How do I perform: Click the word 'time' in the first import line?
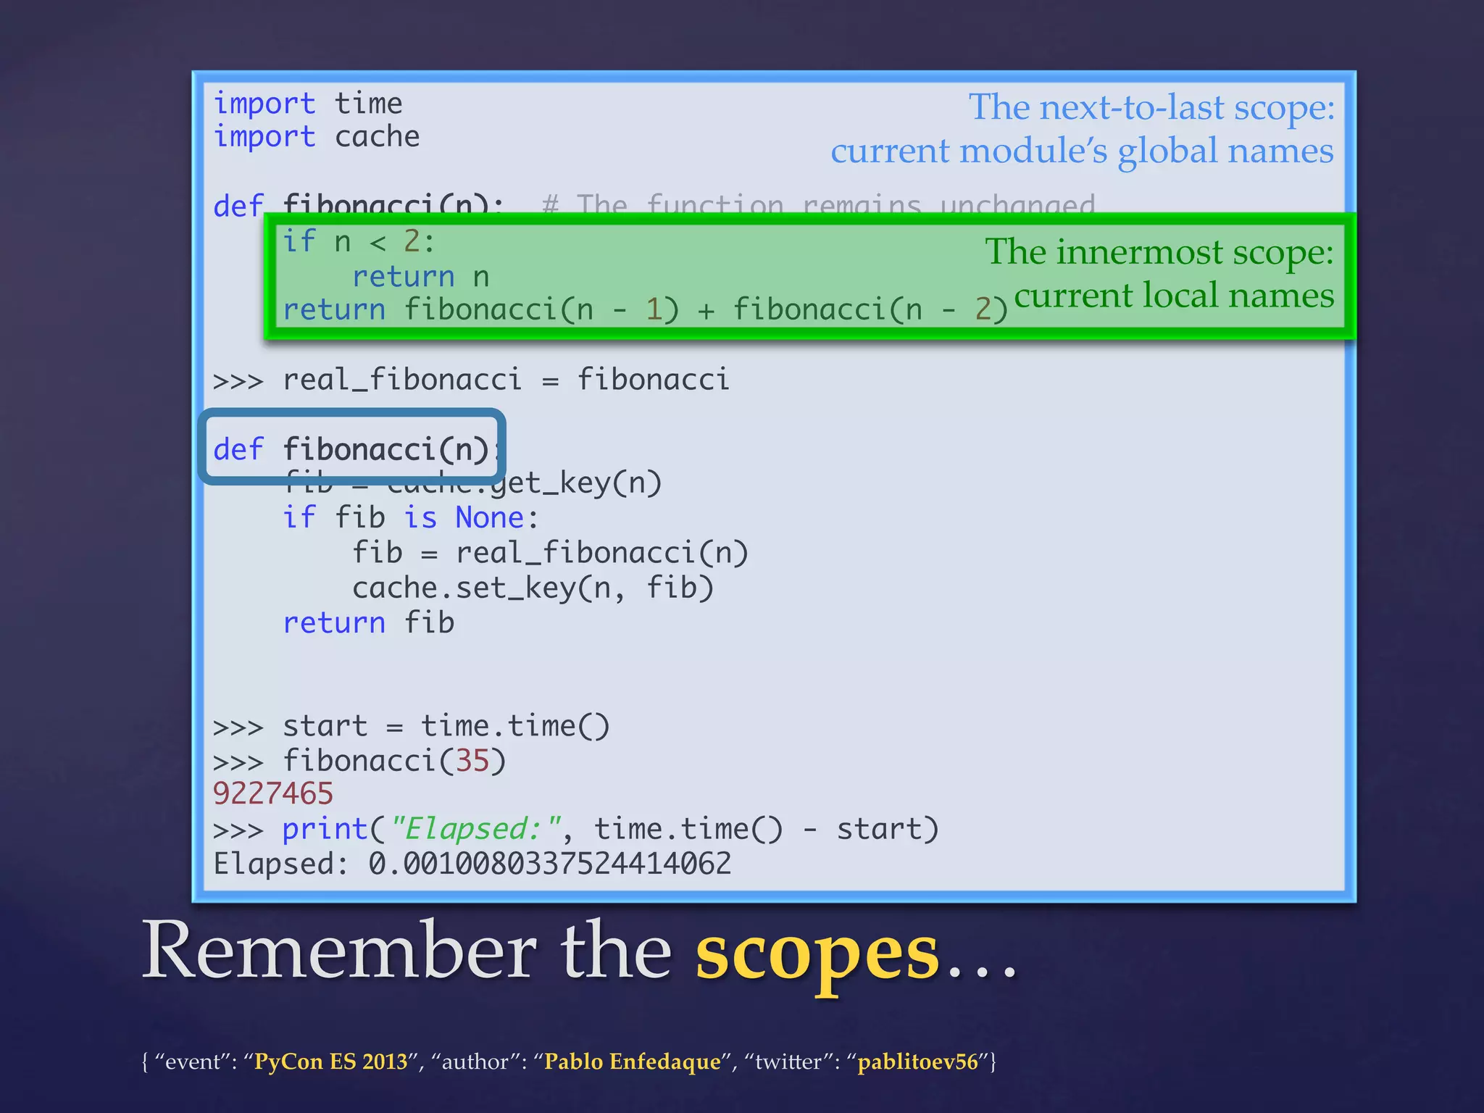[x=368, y=104]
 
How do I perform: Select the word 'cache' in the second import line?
[x=377, y=137]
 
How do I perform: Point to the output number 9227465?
[x=273, y=794]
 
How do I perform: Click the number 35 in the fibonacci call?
[x=472, y=761]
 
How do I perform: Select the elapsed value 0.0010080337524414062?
[x=550, y=864]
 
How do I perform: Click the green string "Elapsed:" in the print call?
[x=476, y=829]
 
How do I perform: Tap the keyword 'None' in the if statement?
[x=490, y=518]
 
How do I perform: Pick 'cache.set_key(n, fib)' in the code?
[x=533, y=588]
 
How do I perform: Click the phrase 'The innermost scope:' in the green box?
[x=1159, y=252]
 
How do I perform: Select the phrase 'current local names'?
[x=1174, y=296]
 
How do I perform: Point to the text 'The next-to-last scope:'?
[x=1151, y=107]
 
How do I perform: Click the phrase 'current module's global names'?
[x=1082, y=151]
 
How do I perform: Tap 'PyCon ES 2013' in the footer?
[x=330, y=1062]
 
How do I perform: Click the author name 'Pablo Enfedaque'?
[x=633, y=1062]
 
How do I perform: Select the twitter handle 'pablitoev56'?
[x=918, y=1062]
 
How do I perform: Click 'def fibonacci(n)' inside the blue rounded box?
[x=352, y=449]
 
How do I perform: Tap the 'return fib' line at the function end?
[x=369, y=623]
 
